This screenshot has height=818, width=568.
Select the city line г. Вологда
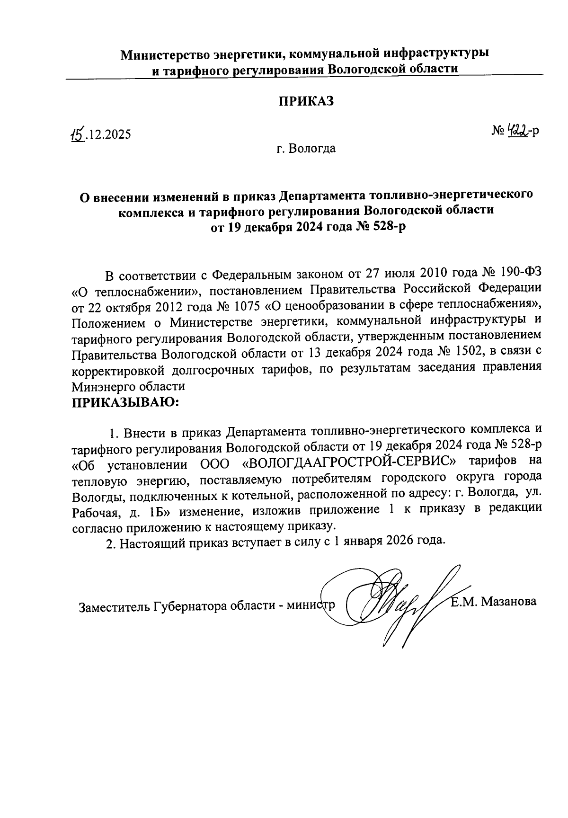point(306,149)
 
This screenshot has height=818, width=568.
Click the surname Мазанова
point(510,602)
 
